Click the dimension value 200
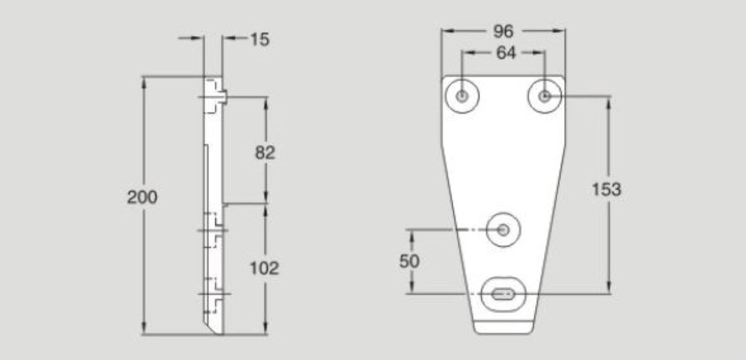143,197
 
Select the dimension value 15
259,39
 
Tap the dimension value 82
265,152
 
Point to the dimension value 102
265,268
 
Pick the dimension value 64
505,53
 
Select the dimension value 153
606,190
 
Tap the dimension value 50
409,261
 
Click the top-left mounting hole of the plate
462,96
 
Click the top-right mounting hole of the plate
544,96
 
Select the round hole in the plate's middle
503,230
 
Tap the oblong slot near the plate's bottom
504,294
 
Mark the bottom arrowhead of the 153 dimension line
608,289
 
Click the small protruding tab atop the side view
224,96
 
